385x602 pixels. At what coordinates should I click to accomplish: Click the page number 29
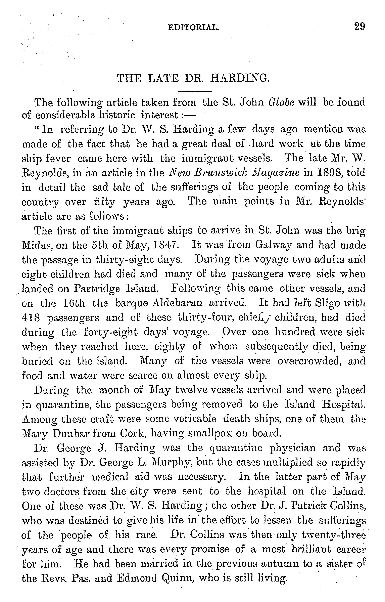pyautogui.click(x=360, y=26)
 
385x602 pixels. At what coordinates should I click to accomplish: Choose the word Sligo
pyautogui.click(x=327, y=303)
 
